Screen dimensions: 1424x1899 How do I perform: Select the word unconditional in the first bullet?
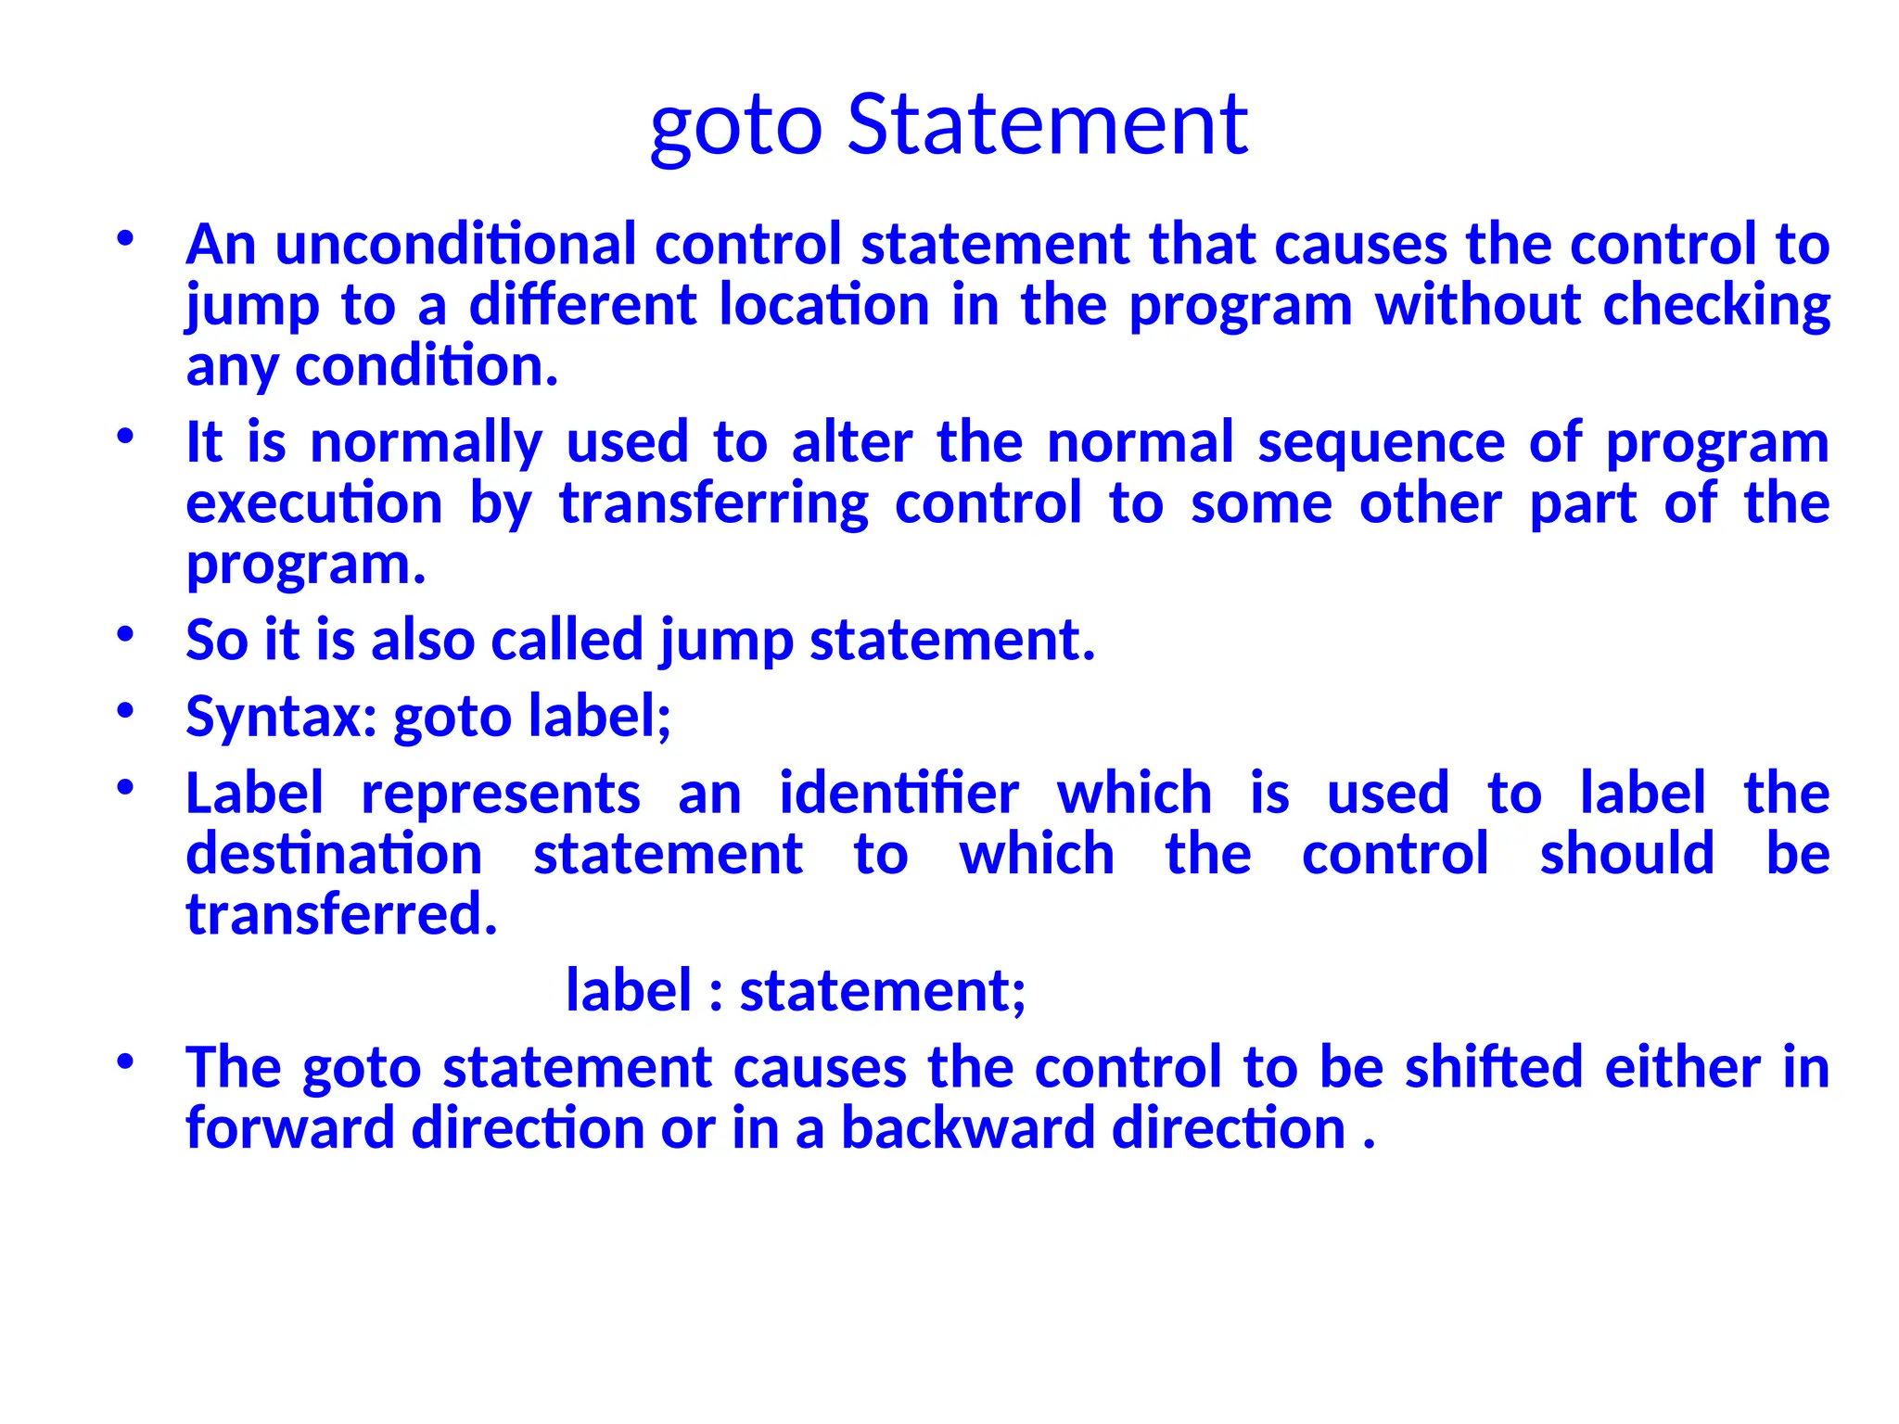[455, 245]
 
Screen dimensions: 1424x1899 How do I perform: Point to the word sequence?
[1381, 442]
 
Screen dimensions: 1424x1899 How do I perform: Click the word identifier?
[899, 794]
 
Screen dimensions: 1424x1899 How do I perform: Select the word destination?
[334, 854]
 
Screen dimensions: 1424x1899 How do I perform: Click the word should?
[1626, 854]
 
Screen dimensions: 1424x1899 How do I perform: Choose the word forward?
[289, 1128]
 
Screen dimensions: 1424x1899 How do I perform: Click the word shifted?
[1493, 1067]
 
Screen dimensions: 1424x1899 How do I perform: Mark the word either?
[1682, 1067]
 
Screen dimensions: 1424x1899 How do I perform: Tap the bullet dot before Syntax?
[126, 712]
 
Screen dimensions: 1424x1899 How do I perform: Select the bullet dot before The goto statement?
[126, 1062]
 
